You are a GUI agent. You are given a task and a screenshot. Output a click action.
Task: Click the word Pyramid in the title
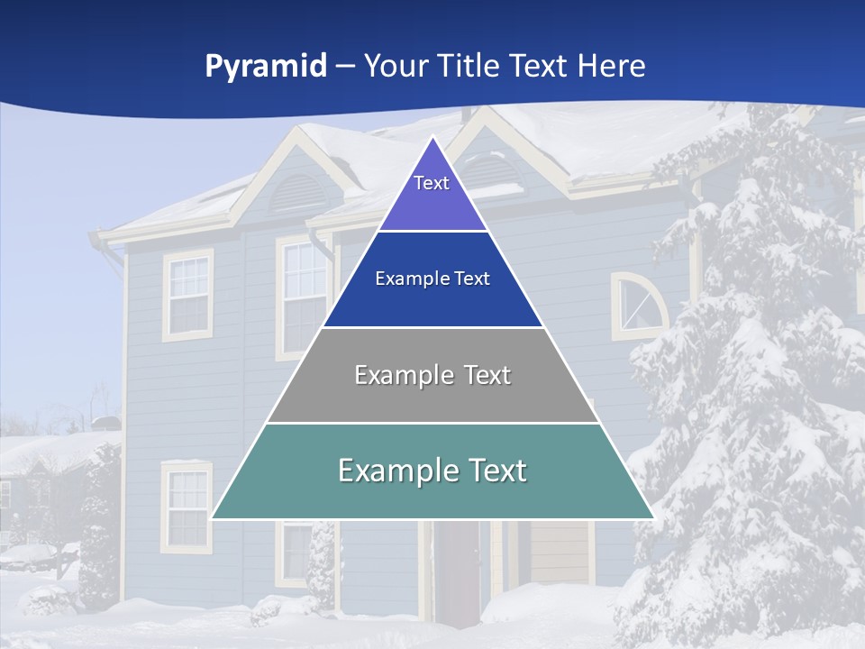(x=265, y=66)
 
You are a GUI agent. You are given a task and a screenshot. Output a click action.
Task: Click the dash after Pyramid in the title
(x=345, y=67)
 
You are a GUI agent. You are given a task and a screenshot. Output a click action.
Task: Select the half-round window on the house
(x=639, y=305)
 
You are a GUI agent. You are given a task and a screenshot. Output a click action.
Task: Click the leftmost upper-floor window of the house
(x=188, y=295)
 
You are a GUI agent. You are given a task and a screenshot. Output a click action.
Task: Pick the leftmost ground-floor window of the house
(x=187, y=506)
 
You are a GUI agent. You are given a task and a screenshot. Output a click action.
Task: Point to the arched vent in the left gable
(x=296, y=191)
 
